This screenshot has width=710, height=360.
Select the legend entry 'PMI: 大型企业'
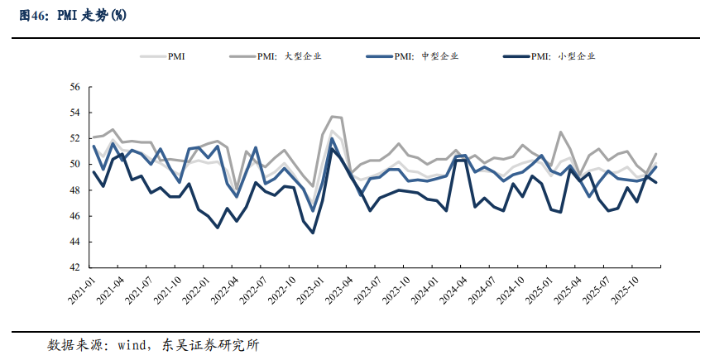tap(289, 56)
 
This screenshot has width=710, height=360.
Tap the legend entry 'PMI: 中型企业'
tap(426, 56)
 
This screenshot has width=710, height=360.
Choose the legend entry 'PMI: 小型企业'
tap(564, 56)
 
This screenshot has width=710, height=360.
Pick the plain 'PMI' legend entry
tap(176, 56)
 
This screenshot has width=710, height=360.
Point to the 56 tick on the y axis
tap(74, 87)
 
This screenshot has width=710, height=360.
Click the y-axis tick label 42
tap(74, 267)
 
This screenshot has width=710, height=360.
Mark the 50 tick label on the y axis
tap(74, 164)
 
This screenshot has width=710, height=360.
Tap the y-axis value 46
tap(74, 216)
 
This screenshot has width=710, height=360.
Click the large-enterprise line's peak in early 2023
tap(332, 117)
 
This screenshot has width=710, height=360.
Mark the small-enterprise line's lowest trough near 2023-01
tap(313, 233)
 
